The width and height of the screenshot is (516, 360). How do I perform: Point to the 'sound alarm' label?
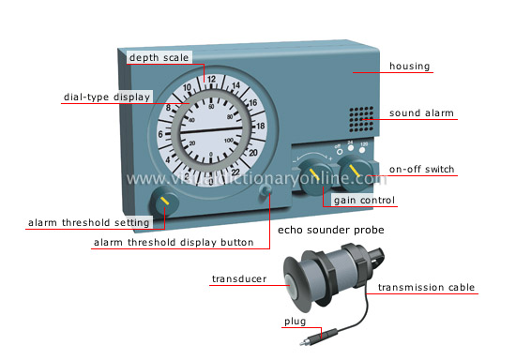point(422,113)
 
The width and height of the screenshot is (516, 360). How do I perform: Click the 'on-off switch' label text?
point(423,170)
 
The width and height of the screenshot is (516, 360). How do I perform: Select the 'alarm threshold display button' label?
point(174,243)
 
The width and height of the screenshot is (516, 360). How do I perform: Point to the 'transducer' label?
point(238,279)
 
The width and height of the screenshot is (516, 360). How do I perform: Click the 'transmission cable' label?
point(427,288)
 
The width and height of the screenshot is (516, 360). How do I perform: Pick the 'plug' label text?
point(295,322)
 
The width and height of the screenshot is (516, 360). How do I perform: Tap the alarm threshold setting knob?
point(164,202)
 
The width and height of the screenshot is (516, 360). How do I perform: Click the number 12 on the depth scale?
point(210,79)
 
